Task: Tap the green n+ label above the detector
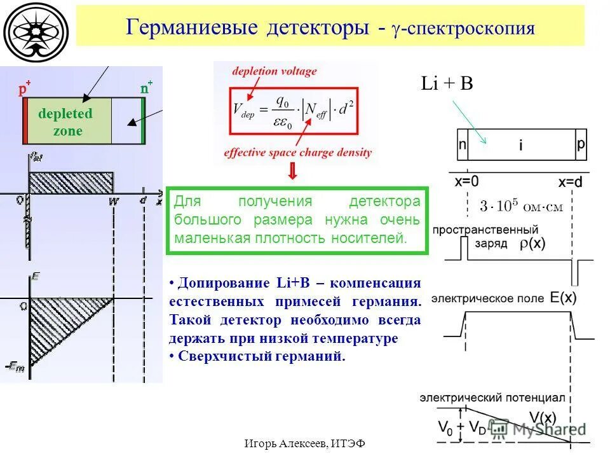coord(146,88)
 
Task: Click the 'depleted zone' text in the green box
coord(65,122)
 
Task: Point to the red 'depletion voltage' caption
coord(274,71)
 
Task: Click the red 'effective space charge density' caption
coord(297,153)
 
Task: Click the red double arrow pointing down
coord(293,171)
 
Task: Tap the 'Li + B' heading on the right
coord(447,84)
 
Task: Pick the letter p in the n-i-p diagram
coord(580,144)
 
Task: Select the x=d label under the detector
coord(570,182)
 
